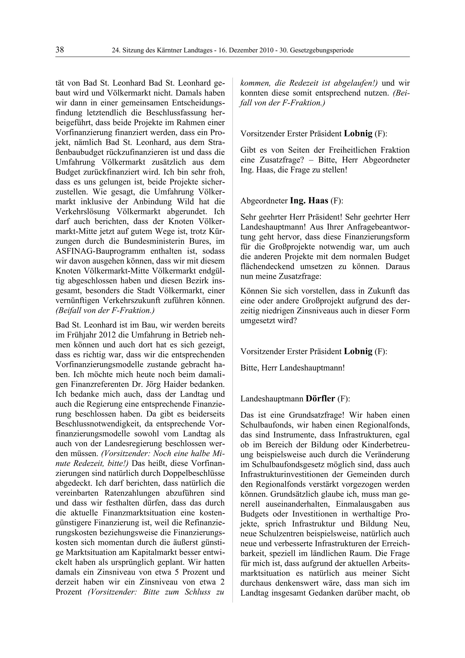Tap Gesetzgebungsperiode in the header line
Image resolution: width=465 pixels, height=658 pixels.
(x=322, y=50)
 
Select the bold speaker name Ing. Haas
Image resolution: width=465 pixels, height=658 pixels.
(x=309, y=201)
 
